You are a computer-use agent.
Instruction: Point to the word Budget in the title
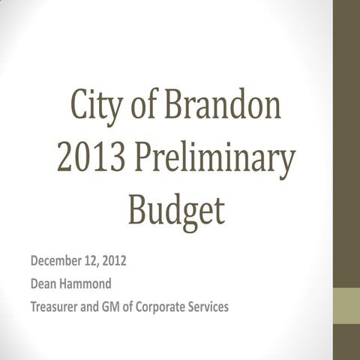tap(175, 211)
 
